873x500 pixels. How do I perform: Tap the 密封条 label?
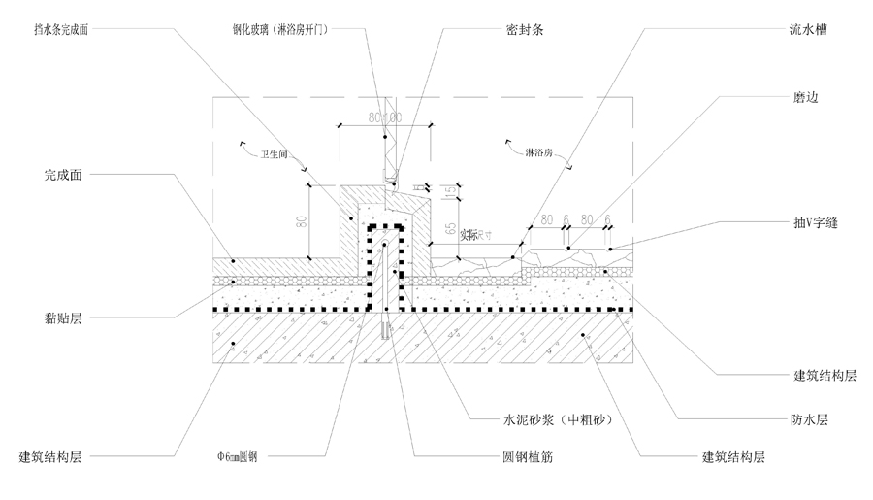524,30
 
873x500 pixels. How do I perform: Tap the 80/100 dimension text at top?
385,117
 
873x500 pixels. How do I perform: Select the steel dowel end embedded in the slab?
387,331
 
